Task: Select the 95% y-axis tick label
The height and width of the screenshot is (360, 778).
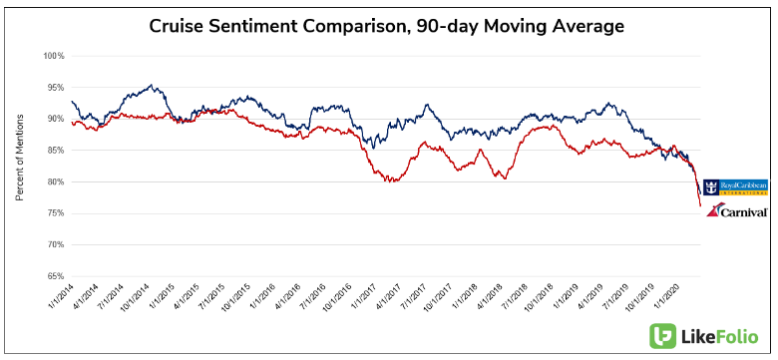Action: pyautogui.click(x=54, y=88)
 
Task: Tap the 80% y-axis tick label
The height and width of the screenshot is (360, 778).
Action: pyautogui.click(x=54, y=181)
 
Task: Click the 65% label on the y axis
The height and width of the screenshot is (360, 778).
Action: pyautogui.click(x=54, y=276)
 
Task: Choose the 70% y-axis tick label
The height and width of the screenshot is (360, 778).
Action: pyautogui.click(x=54, y=244)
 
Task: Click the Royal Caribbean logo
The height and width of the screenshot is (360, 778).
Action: pyautogui.click(x=735, y=186)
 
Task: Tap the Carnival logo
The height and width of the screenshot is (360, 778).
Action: pyautogui.click(x=736, y=210)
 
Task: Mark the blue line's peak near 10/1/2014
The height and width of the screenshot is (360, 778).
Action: pyautogui.click(x=151, y=86)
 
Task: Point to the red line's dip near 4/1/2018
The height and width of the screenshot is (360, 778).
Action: pyautogui.click(x=504, y=178)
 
